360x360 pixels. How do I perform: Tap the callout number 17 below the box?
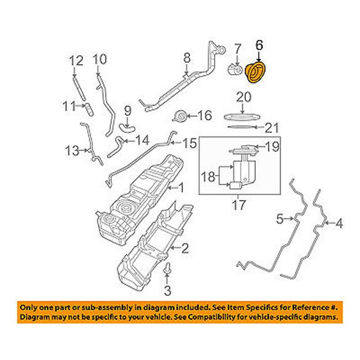(237, 207)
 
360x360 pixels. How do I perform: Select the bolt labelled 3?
(167, 270)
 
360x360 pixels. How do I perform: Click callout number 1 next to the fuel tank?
(181, 188)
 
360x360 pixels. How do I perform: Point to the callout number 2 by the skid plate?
(185, 249)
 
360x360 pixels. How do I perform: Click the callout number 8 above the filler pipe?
(187, 58)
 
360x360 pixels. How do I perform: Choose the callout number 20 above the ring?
(244, 97)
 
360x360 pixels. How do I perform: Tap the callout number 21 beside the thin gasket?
(270, 127)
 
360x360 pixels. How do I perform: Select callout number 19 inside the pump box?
(270, 148)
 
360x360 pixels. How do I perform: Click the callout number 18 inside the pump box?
(209, 175)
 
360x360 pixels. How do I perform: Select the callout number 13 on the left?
(71, 151)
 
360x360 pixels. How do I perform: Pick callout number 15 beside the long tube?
(187, 143)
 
